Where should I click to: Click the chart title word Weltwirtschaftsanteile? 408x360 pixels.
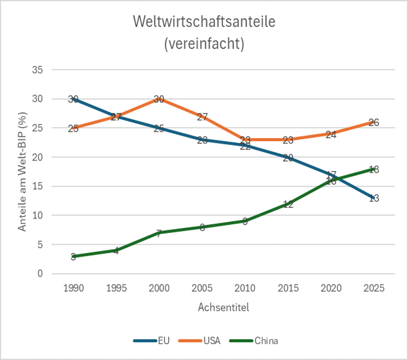point(204,22)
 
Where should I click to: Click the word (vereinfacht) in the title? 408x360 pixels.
point(204,44)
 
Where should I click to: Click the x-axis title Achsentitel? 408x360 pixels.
point(223,307)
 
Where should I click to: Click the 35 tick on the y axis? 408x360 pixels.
point(38,70)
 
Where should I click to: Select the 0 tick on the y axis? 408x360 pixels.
point(40,274)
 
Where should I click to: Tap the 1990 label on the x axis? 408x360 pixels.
point(73,288)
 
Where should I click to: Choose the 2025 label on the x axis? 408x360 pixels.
point(374,288)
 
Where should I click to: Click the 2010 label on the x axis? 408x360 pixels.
point(245,288)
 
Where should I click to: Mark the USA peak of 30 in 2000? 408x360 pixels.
point(159,99)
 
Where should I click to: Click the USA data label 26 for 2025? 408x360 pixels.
point(374,122)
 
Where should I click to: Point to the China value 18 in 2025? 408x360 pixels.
point(374,169)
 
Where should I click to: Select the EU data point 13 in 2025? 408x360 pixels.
point(374,198)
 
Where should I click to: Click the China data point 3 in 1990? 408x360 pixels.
point(73,256)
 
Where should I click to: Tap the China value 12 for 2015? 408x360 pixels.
point(288,204)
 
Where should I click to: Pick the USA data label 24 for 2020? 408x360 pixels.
point(331,134)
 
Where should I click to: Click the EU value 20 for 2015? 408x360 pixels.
point(288,157)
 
